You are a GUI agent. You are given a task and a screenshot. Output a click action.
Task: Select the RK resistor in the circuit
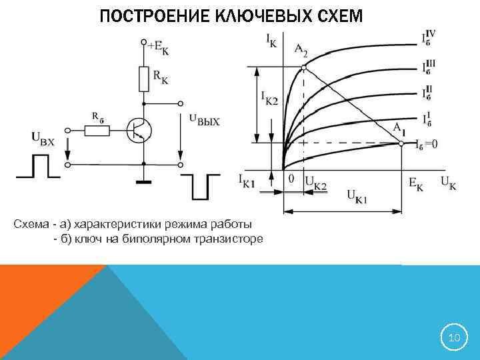143,79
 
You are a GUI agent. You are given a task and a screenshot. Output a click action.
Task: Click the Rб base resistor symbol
97,129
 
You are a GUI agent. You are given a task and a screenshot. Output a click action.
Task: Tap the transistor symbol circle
139,130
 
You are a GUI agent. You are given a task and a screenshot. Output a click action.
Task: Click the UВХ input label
44,138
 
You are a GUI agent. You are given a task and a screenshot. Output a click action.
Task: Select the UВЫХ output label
204,120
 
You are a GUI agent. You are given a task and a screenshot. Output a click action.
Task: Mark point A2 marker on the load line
303,67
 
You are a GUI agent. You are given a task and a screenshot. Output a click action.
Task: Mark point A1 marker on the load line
401,142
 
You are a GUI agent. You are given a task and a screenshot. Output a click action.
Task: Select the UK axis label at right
448,183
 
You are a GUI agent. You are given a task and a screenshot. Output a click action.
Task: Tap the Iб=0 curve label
426,143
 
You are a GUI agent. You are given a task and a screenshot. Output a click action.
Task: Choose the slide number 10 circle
454,338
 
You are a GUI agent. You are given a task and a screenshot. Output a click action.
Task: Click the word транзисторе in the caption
225,238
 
